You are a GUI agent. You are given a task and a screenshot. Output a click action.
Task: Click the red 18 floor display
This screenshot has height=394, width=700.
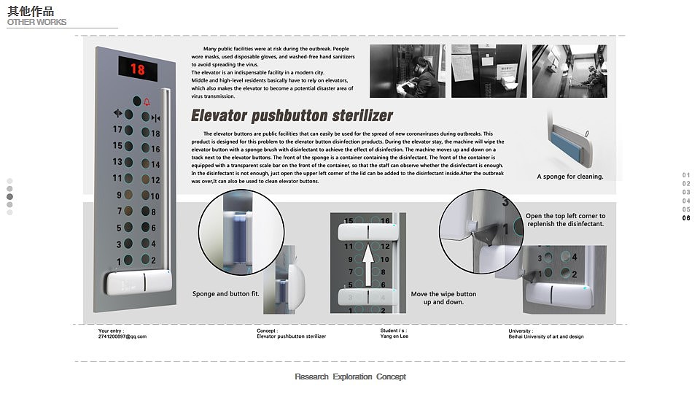[138, 69]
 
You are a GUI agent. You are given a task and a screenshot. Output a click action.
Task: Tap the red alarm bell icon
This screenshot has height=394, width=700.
[147, 102]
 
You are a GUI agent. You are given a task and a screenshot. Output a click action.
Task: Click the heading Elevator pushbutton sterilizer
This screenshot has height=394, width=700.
[292, 115]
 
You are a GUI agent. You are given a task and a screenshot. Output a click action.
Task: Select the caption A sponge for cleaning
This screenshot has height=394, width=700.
[569, 177]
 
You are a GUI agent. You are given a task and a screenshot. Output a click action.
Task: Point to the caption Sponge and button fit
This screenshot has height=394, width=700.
[225, 294]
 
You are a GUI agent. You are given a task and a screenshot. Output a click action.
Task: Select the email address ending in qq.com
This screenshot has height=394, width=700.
[122, 336]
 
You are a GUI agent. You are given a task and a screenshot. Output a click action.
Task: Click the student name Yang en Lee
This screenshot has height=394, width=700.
[394, 336]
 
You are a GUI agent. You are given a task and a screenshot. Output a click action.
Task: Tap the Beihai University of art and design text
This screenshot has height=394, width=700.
[546, 336]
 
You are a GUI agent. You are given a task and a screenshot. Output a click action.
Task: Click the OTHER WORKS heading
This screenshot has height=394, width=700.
[36, 22]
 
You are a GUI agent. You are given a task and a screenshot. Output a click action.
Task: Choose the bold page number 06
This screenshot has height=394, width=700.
[686, 218]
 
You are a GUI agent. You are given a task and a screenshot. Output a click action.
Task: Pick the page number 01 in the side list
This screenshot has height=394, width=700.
[686, 175]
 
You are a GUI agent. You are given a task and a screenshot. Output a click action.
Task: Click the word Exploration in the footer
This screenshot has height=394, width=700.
[353, 376]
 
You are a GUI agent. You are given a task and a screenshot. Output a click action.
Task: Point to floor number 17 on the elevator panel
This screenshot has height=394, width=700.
[117, 129]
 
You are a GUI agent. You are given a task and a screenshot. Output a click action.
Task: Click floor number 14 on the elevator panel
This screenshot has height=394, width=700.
[155, 165]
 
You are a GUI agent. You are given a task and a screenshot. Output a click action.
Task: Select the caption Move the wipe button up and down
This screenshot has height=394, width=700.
[443, 298]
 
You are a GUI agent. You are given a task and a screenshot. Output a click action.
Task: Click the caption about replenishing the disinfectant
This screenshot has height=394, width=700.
[565, 220]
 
